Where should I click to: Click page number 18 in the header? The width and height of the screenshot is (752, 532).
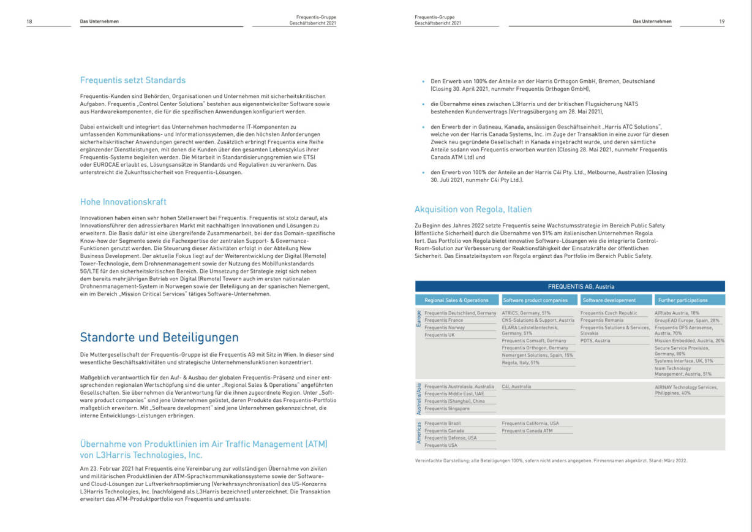pyautogui.click(x=29, y=21)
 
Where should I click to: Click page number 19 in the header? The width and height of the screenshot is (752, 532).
pyautogui.click(x=722, y=21)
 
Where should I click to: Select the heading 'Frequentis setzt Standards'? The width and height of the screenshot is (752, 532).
pyautogui.click(x=133, y=80)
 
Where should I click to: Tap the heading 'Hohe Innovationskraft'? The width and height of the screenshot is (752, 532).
pyautogui.click(x=123, y=202)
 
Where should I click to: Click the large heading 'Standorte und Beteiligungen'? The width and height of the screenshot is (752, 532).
pyautogui.click(x=159, y=338)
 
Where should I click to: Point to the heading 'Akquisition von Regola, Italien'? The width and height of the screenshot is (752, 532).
pyautogui.click(x=473, y=209)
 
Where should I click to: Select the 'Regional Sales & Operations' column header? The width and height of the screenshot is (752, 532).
pyautogui.click(x=456, y=300)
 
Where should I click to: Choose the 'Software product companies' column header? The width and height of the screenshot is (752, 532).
pyautogui.click(x=539, y=300)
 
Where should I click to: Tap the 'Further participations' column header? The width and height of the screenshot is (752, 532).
pyautogui.click(x=683, y=300)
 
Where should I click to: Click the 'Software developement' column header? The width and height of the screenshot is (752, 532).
pyautogui.click(x=609, y=300)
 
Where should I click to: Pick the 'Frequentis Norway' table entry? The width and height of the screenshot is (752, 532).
pyautogui.click(x=445, y=328)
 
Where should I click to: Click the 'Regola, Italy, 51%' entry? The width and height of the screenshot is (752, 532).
pyautogui.click(x=521, y=363)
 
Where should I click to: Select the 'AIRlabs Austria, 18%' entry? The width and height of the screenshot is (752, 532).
pyautogui.click(x=676, y=313)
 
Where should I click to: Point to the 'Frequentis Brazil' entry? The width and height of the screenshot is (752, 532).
pyautogui.click(x=443, y=424)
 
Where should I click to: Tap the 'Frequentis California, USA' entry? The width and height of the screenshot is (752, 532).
pyautogui.click(x=530, y=424)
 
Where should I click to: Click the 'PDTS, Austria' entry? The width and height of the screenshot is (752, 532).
pyautogui.click(x=595, y=341)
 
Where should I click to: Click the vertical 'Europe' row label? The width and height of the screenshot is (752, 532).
pyautogui.click(x=419, y=319)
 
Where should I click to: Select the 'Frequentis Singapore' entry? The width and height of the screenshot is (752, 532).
pyautogui.click(x=447, y=409)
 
